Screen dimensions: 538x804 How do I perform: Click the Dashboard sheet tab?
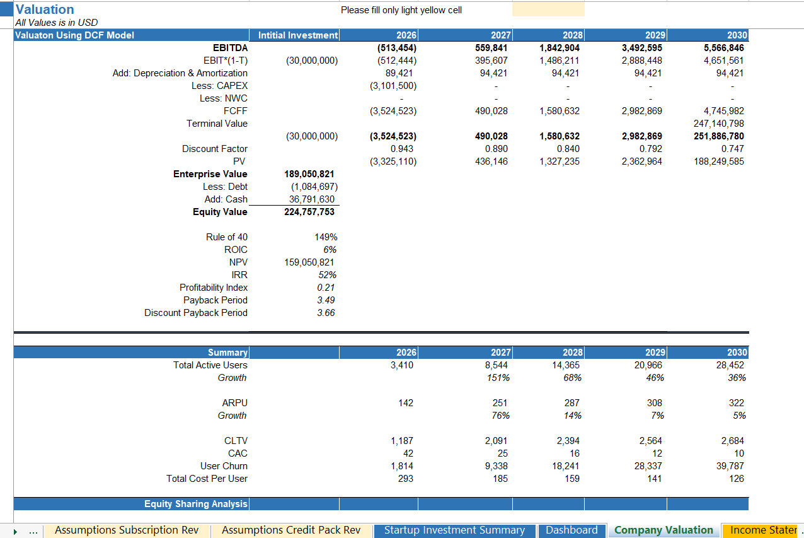pos(571,530)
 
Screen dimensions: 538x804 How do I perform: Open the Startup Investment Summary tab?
pos(454,530)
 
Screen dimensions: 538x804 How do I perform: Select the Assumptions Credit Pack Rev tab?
pos(291,530)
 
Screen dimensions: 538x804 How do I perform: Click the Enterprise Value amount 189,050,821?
pos(309,174)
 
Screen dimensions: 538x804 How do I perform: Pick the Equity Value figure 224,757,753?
pos(309,212)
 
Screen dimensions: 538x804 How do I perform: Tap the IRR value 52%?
pos(326,275)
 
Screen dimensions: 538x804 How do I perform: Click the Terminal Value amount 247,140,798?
pos(718,124)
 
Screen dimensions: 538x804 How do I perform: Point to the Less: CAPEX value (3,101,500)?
pos(393,86)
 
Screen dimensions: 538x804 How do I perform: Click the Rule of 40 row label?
pos(227,237)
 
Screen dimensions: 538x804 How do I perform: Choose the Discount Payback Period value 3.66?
pos(326,313)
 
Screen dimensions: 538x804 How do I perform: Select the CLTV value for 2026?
pos(402,441)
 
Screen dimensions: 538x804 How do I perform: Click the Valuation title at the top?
pos(45,9)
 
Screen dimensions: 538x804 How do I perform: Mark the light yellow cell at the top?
pos(548,9)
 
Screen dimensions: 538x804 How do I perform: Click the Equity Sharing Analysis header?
pos(195,504)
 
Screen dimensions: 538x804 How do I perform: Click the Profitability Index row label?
pos(214,288)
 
